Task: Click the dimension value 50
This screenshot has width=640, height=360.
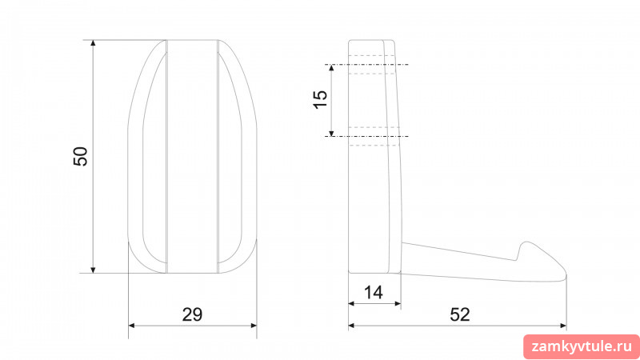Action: (81, 156)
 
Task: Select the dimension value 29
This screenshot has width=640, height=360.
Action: (192, 314)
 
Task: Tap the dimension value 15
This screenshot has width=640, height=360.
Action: (321, 99)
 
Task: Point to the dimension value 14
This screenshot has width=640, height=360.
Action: (374, 293)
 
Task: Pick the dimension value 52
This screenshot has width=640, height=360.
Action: (460, 314)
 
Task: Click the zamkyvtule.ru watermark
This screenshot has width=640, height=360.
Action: (582, 347)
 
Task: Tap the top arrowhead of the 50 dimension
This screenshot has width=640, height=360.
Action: (93, 43)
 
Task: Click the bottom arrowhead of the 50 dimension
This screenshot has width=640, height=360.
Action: (93, 270)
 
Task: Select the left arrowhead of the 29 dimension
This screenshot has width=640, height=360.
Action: (132, 326)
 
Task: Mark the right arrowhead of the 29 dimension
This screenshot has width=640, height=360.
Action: (254, 326)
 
